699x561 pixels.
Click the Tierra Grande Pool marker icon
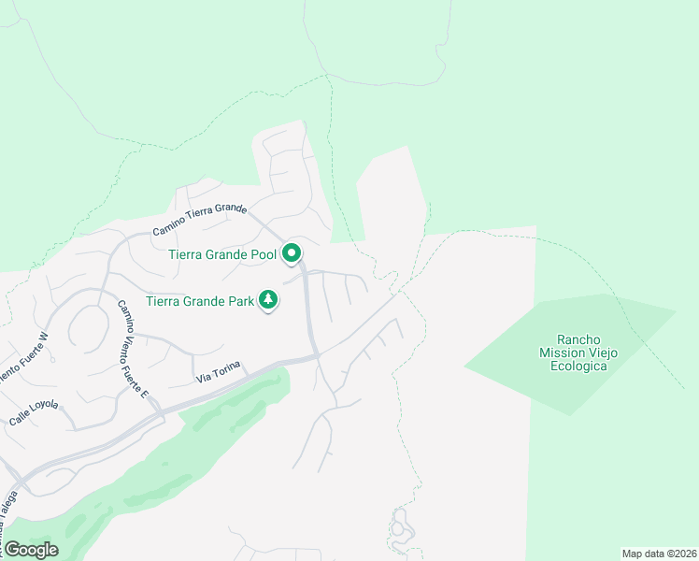pos(292,252)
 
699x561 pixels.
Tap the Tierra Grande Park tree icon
pos(269,300)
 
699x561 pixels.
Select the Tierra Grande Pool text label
pos(222,253)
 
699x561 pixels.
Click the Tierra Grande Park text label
pos(200,301)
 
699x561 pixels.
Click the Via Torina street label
pos(219,370)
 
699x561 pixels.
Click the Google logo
pos(30,550)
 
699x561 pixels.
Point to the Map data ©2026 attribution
pos(659,554)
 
